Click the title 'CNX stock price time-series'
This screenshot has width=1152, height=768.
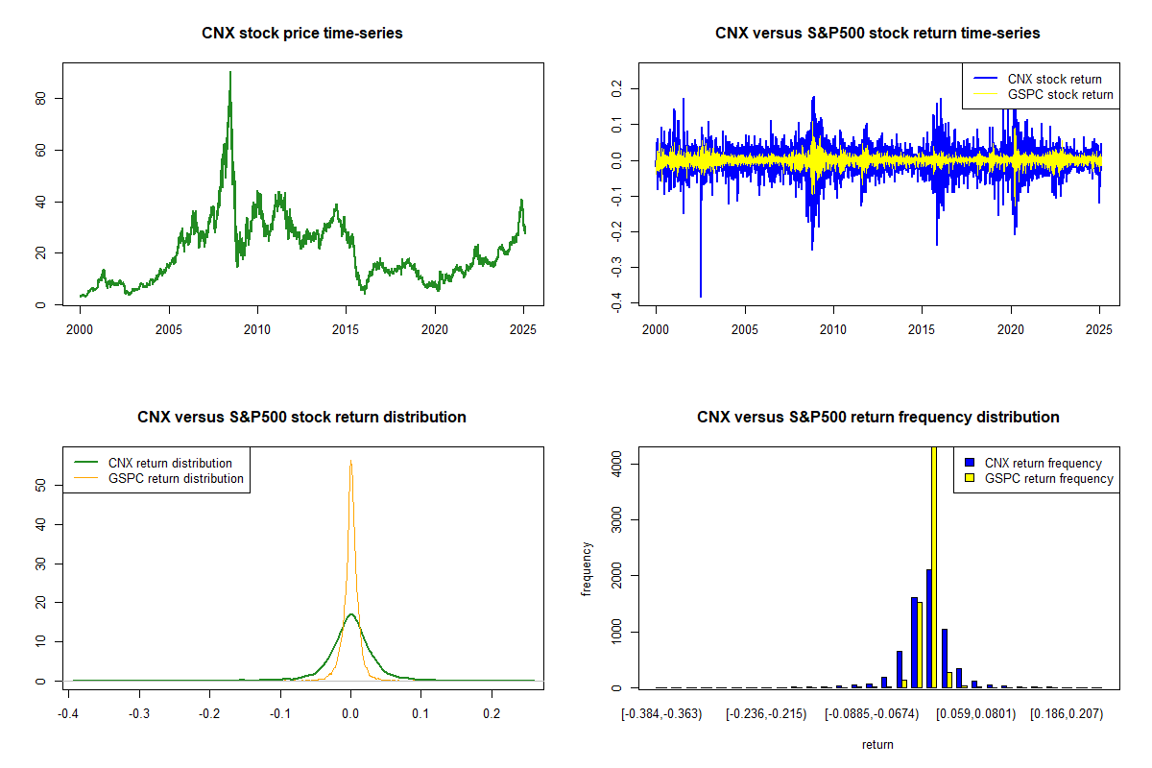302,34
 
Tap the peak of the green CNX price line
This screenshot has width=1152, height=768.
230,73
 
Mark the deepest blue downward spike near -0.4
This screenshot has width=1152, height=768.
701,295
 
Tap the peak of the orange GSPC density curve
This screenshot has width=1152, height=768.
351,462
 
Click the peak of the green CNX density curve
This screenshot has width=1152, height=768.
351,614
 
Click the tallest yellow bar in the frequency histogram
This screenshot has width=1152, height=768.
934,566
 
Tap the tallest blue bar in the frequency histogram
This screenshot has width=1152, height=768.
928,629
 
